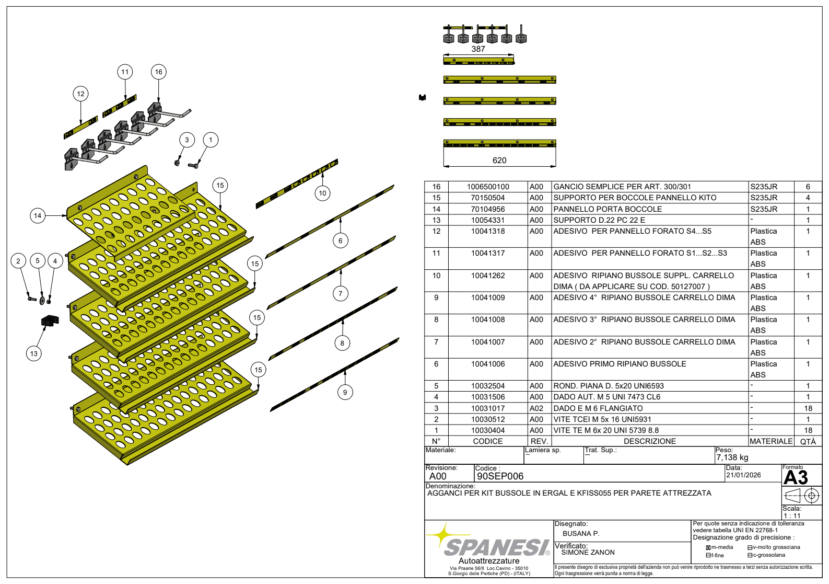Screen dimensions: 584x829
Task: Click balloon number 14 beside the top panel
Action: [38, 215]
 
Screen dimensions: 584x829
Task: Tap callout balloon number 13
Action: [34, 353]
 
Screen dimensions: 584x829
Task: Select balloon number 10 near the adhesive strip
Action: [322, 193]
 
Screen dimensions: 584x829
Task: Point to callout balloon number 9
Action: [345, 392]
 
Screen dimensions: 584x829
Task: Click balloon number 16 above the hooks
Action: [158, 72]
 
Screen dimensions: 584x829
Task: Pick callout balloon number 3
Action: [187, 140]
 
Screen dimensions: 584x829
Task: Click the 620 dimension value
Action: [499, 161]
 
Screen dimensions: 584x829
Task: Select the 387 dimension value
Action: [478, 49]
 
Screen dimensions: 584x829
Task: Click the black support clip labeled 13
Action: [50, 320]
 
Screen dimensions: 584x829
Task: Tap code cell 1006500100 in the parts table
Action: [488, 187]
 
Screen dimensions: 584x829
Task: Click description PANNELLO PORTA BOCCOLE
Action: [608, 209]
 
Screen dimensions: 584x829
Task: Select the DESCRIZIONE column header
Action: [650, 441]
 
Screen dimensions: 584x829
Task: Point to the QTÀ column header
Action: [808, 441]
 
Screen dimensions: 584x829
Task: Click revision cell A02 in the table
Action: [536, 408]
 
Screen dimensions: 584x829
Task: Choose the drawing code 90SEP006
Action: [500, 476]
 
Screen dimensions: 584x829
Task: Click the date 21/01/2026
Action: [743, 475]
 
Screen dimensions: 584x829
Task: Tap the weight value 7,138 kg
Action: [732, 457]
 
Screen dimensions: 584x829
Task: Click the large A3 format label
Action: [796, 477]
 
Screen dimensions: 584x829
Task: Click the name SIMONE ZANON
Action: [588, 552]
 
